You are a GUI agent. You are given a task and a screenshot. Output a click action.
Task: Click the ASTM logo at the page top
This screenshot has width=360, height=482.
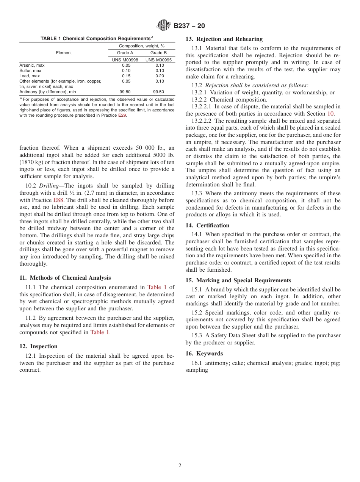(x=164, y=26)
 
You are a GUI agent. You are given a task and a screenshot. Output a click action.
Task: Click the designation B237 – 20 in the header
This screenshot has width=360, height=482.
(x=189, y=26)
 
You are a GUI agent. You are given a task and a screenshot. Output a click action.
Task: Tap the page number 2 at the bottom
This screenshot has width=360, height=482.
(x=180, y=466)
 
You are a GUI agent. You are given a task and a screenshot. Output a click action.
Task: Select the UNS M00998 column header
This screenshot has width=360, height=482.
(x=125, y=60)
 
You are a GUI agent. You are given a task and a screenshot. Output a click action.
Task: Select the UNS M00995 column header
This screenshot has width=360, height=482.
(x=158, y=60)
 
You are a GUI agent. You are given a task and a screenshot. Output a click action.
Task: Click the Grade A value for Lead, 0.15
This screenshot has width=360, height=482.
(x=126, y=76)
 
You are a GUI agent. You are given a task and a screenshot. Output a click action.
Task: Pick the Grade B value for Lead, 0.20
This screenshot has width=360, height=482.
(x=160, y=76)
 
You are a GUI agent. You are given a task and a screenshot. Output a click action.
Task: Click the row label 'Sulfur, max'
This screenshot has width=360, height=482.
(x=30, y=70)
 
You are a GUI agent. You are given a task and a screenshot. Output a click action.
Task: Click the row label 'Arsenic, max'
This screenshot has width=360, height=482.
(x=32, y=65)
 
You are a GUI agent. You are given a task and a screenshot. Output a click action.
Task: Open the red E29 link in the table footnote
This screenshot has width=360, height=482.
(x=122, y=116)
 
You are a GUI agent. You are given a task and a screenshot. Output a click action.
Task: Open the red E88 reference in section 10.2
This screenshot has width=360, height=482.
(x=58, y=200)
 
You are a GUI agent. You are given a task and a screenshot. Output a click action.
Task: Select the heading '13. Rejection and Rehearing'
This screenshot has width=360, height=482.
(x=224, y=39)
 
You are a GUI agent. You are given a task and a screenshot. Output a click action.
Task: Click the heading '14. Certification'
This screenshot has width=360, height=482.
(x=207, y=225)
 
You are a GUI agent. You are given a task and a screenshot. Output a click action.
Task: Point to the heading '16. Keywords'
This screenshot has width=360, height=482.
(x=204, y=354)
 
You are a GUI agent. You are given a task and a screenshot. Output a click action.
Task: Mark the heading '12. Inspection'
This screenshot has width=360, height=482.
(x=38, y=346)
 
